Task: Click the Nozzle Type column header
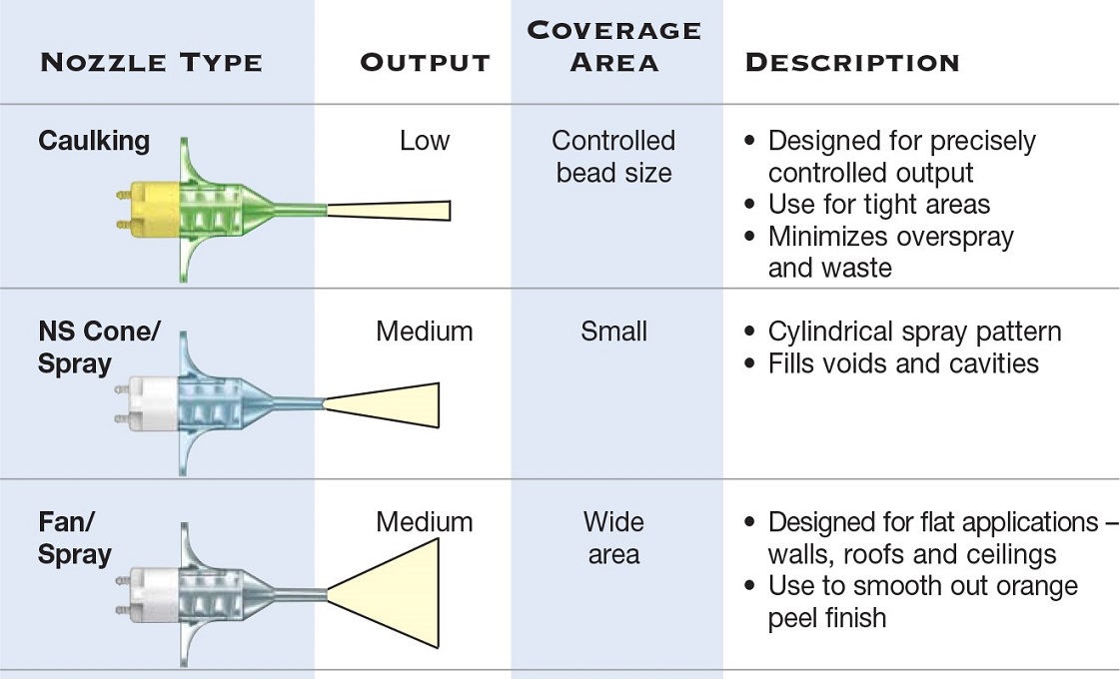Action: click(152, 62)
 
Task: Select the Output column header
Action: click(425, 62)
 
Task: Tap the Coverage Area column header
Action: click(614, 46)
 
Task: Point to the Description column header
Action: click(852, 62)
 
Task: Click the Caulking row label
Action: click(94, 141)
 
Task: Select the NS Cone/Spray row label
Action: click(99, 347)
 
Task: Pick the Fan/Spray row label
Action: click(74, 538)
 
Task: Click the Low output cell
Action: click(425, 141)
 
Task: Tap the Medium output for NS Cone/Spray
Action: click(425, 332)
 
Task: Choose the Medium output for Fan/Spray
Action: click(425, 522)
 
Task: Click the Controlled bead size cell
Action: click(613, 157)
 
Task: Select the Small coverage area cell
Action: click(613, 332)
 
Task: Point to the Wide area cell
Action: click(613, 538)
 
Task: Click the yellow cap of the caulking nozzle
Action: click(152, 210)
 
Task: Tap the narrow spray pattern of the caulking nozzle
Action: click(390, 210)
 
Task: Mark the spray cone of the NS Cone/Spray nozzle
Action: click(382, 404)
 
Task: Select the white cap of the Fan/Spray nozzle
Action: click(149, 592)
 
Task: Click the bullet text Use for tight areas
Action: click(879, 205)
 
